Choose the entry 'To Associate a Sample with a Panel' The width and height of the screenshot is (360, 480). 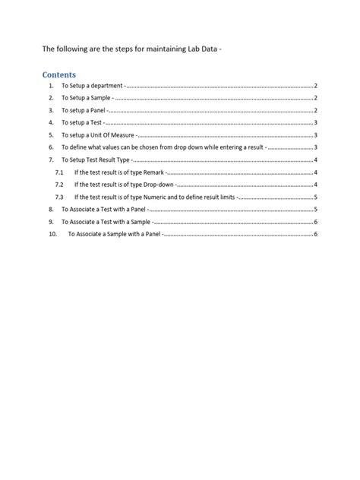115,234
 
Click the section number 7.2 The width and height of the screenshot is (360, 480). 59,185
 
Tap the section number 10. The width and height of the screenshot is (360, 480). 52,234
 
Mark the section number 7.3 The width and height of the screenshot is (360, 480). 59,197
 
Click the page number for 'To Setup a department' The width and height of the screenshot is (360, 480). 315,87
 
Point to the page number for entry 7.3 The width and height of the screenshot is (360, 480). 315,197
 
